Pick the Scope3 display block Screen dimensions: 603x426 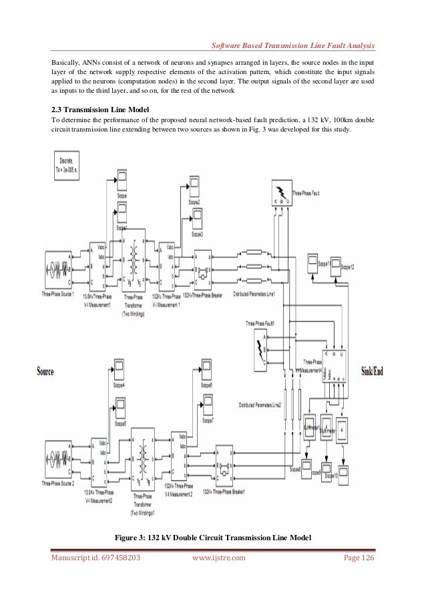[x=198, y=218]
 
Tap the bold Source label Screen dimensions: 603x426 [x=45, y=371]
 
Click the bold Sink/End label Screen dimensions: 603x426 [x=373, y=371]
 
